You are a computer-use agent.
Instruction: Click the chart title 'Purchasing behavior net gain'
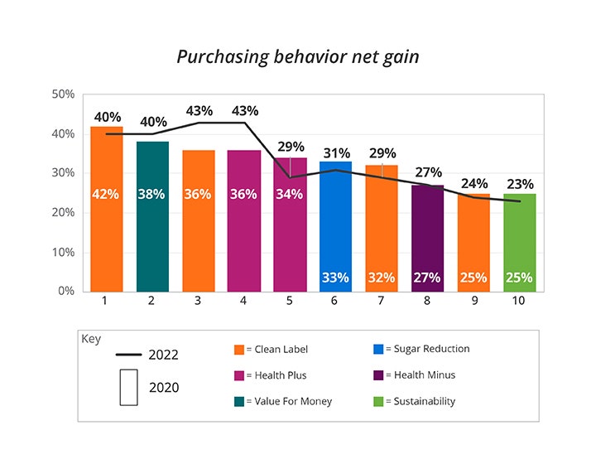point(297,57)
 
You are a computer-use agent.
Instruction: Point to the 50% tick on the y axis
point(64,94)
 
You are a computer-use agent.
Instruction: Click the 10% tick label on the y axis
point(64,252)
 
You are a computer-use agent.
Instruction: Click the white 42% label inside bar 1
point(106,195)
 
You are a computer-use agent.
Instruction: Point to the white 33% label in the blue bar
point(335,278)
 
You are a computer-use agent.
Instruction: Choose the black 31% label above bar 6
point(337,153)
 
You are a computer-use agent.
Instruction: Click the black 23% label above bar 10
point(520,185)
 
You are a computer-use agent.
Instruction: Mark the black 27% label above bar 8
point(428,172)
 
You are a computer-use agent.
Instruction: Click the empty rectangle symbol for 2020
point(128,388)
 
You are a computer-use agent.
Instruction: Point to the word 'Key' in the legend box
point(91,339)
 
